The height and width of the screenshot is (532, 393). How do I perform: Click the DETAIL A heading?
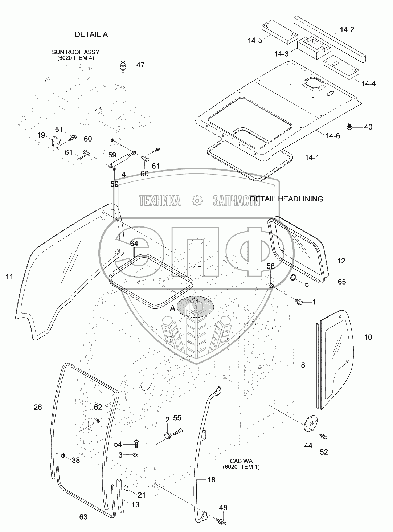pyautogui.click(x=91, y=34)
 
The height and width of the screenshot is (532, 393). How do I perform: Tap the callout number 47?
pyautogui.click(x=140, y=65)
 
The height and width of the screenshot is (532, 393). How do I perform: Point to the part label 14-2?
pyautogui.click(x=347, y=30)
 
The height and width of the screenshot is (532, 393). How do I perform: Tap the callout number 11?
pyautogui.click(x=9, y=277)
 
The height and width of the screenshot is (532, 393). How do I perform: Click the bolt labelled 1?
pyautogui.click(x=300, y=301)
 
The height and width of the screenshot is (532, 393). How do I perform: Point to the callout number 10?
pyautogui.click(x=368, y=337)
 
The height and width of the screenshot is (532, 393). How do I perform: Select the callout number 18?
pyautogui.click(x=211, y=480)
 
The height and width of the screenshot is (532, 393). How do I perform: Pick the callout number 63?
pyautogui.click(x=83, y=517)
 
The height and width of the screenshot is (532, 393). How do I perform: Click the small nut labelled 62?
pyautogui.click(x=98, y=421)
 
